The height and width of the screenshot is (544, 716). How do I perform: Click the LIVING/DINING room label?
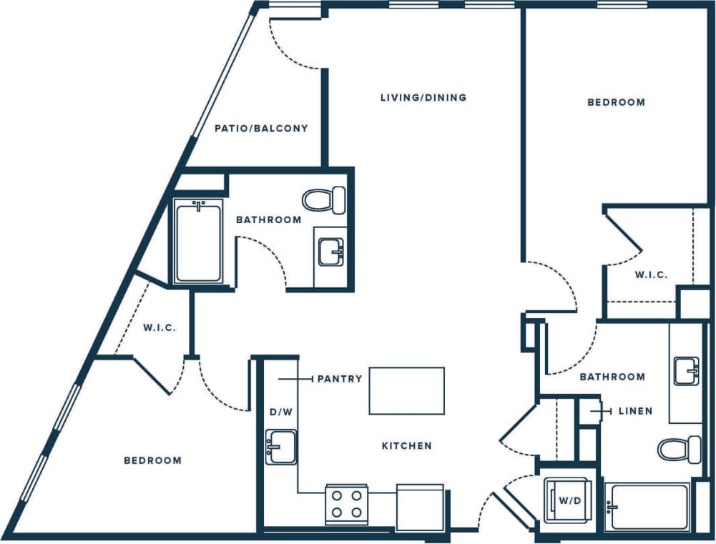click(423, 97)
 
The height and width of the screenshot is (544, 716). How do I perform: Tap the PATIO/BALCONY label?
click(261, 129)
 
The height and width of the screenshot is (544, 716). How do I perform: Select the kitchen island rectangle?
click(406, 390)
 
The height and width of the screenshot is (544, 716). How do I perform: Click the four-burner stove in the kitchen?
click(347, 505)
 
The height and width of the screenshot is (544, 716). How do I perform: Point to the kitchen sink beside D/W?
click(280, 447)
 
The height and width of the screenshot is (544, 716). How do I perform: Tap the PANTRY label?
click(340, 379)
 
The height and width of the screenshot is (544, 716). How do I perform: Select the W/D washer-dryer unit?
click(569, 500)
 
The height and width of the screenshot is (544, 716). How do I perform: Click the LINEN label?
click(635, 411)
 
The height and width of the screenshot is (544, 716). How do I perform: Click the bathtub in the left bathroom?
click(198, 241)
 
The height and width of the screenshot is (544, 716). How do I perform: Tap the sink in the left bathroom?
click(331, 252)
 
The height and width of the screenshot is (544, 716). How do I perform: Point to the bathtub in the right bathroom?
click(647, 507)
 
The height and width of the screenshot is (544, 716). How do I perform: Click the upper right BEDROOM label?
click(616, 102)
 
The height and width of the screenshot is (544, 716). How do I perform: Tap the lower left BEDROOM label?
click(152, 460)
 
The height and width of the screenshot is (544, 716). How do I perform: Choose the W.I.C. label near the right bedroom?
click(651, 275)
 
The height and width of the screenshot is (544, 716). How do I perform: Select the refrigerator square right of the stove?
click(419, 507)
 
